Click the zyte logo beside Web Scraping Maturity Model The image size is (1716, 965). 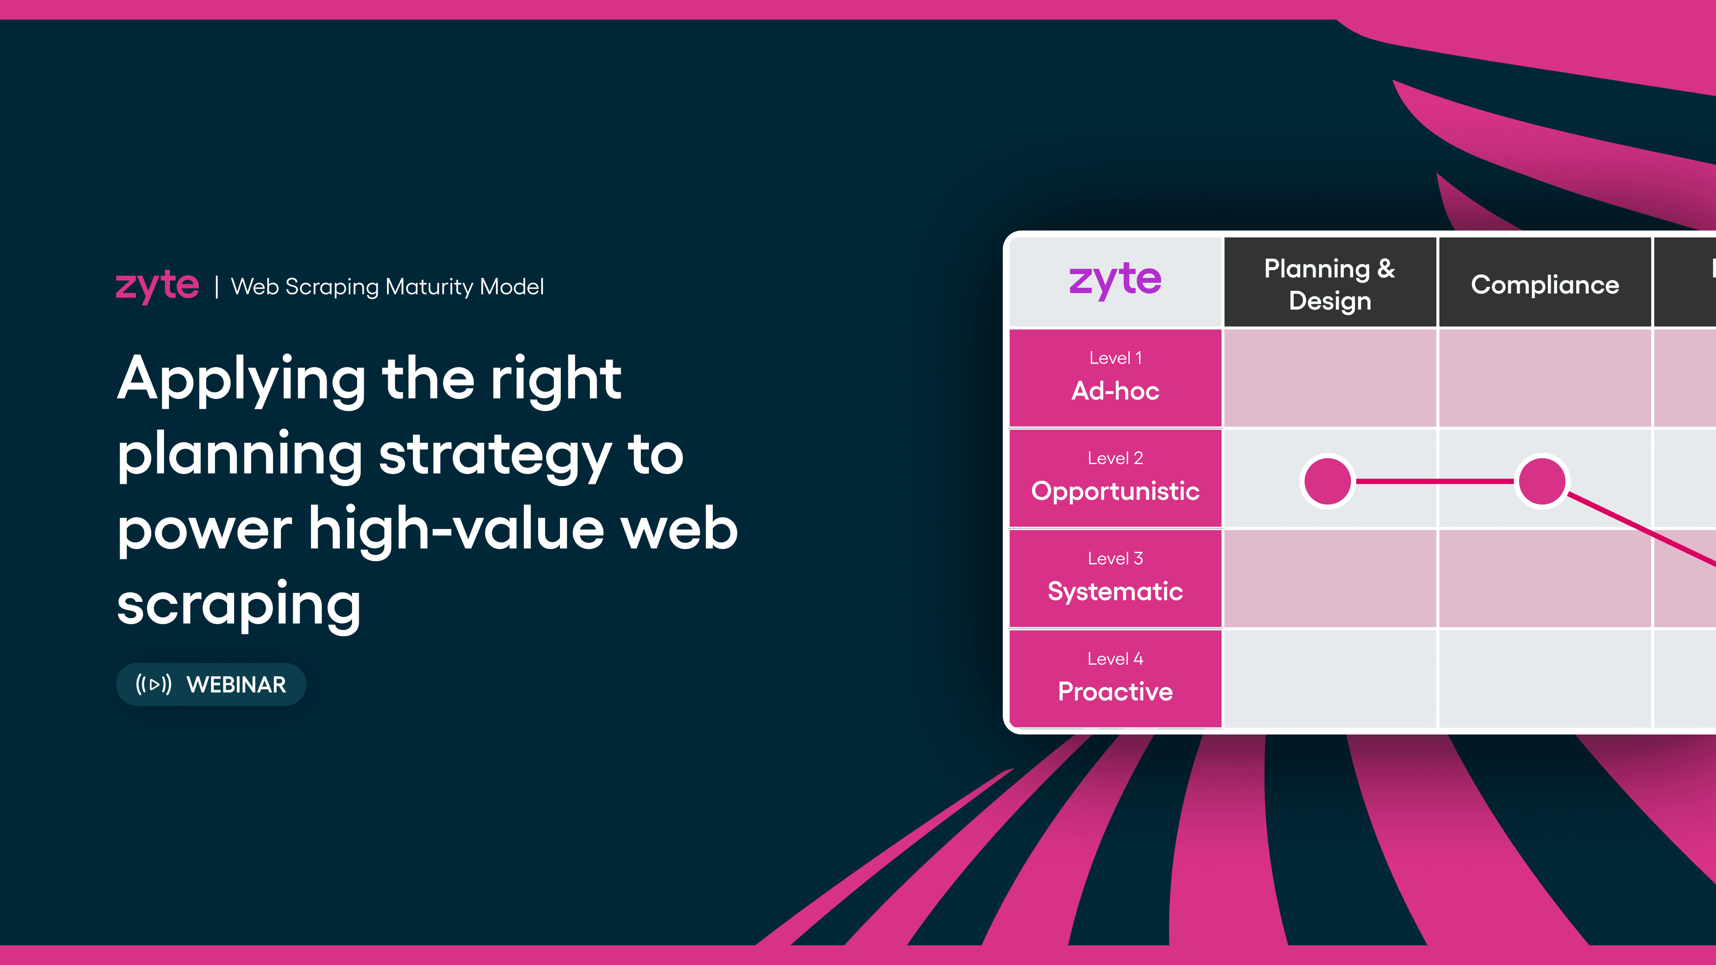(x=157, y=286)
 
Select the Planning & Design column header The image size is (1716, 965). (x=1329, y=284)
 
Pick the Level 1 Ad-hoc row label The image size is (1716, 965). (x=1115, y=378)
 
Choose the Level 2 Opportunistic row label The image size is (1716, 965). (x=1115, y=478)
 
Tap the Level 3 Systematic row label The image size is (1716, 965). (x=1115, y=578)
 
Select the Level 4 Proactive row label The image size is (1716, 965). (x=1115, y=679)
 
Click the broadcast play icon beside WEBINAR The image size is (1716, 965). (x=154, y=684)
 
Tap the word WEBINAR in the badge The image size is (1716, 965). (x=236, y=684)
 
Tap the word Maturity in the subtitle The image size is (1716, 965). (x=429, y=287)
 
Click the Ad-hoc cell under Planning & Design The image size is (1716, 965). (x=1329, y=378)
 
